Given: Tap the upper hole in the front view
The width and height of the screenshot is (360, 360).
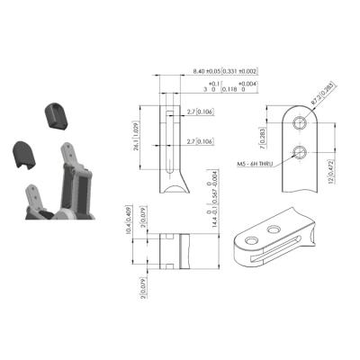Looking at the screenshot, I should pos(301,123).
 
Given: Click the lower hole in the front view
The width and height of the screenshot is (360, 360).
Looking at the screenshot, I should pos(301,150).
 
